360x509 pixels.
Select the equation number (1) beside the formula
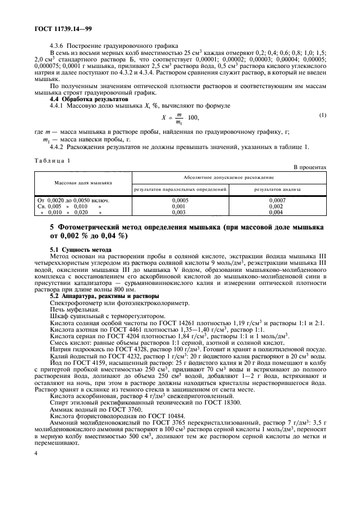(x=322, y=115)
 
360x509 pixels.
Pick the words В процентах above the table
(x=310, y=168)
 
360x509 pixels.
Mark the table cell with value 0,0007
(x=277, y=201)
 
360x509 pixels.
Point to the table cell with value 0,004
(x=277, y=213)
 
